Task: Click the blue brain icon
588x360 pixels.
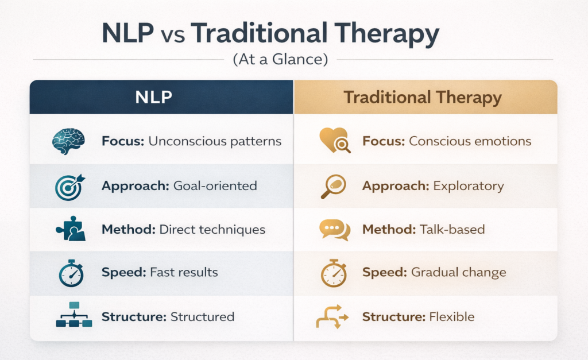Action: (x=68, y=141)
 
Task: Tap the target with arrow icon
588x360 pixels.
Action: (x=69, y=187)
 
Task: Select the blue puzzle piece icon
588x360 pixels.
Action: (x=69, y=230)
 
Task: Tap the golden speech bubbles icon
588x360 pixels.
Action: (x=334, y=230)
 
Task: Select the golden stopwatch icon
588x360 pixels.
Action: (x=334, y=273)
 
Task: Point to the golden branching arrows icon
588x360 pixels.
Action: (x=332, y=316)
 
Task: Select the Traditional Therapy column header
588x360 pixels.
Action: (x=423, y=97)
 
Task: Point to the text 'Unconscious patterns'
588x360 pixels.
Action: (x=215, y=141)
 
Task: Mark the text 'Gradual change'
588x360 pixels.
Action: (x=459, y=273)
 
